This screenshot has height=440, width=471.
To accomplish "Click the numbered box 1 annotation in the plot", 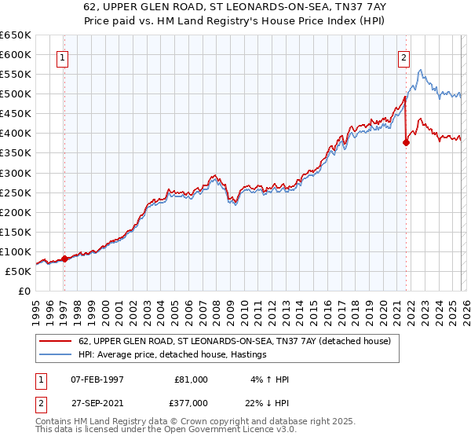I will click(x=63, y=57).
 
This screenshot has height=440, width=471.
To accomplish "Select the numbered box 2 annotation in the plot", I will click(x=403, y=57).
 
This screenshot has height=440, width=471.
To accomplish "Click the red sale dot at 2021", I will click(x=406, y=142).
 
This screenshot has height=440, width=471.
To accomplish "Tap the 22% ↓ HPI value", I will click(x=268, y=401).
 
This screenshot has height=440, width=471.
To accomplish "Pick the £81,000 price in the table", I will click(x=191, y=379).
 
